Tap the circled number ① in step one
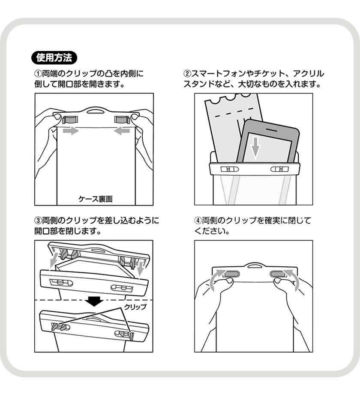coord(38,74)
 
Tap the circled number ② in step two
coord(187,74)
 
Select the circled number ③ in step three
coord(38,221)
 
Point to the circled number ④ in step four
coord(198,221)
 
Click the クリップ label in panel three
coord(135,307)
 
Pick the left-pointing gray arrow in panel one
coord(123,131)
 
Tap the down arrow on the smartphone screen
coord(255,146)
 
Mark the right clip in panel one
coord(123,119)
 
